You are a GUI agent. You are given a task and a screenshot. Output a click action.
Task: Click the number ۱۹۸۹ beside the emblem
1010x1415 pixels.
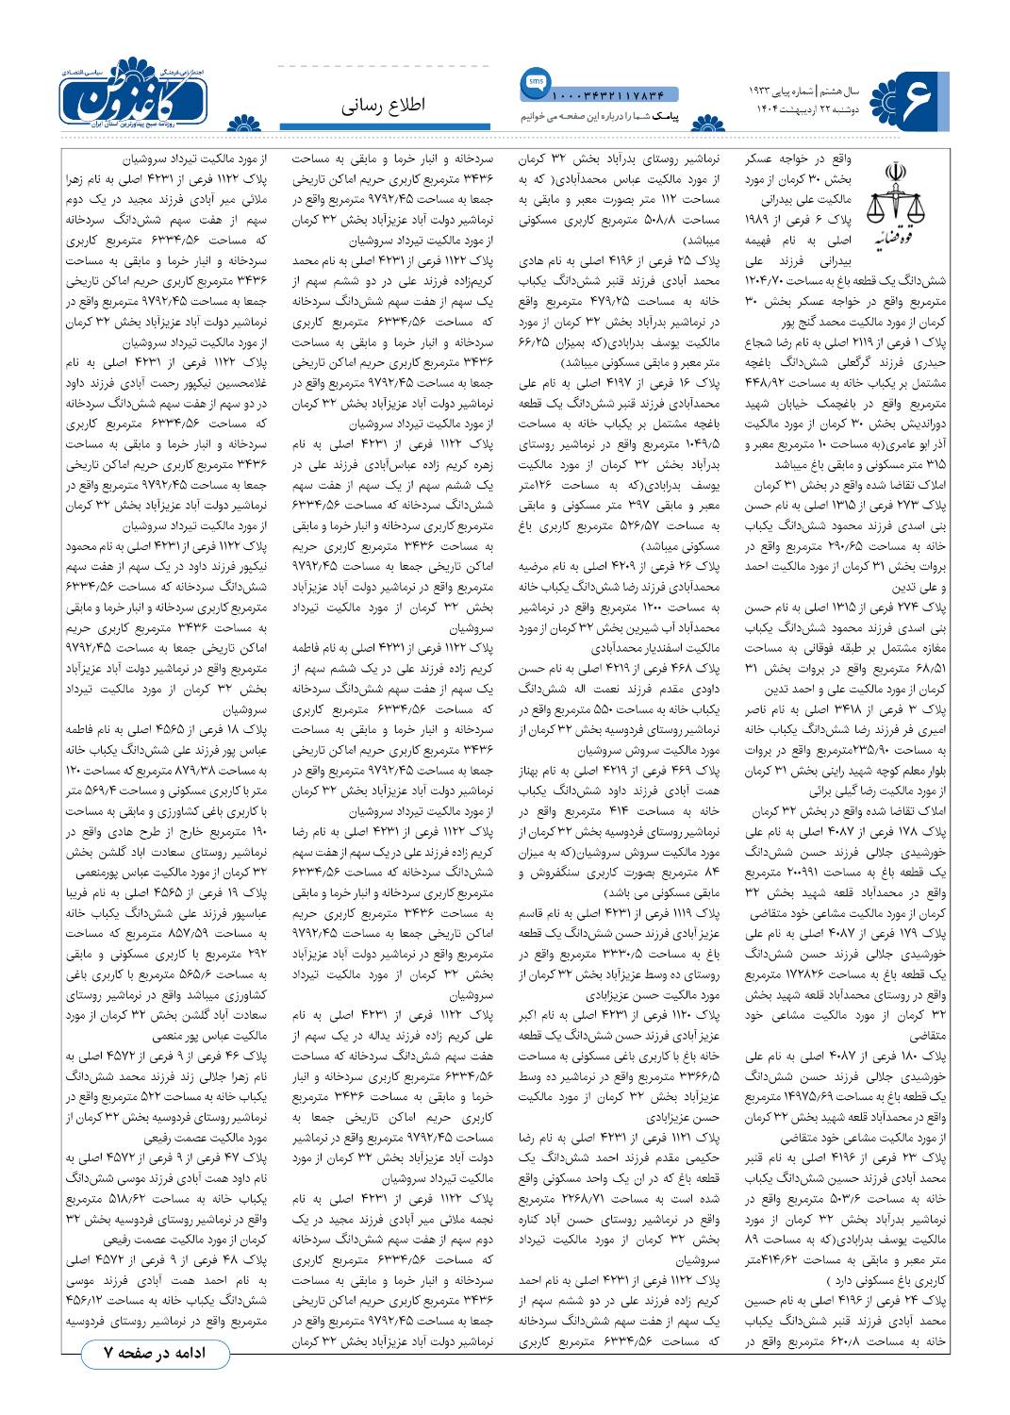click(760, 219)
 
